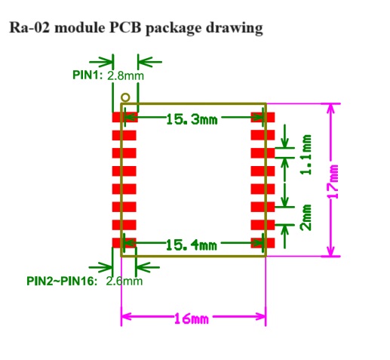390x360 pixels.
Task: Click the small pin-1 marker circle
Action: pyautogui.click(x=125, y=97)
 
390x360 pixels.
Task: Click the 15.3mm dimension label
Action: pyautogui.click(x=192, y=119)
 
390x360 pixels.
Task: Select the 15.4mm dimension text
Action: pyautogui.click(x=192, y=245)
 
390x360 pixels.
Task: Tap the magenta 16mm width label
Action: pyautogui.click(x=192, y=318)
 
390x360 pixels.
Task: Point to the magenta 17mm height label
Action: pyautogui.click(x=334, y=181)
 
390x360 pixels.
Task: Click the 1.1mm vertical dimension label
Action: pyautogui.click(x=306, y=155)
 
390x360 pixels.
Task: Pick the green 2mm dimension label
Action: pyautogui.click(x=306, y=217)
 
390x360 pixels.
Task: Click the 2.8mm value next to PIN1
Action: pyautogui.click(x=125, y=75)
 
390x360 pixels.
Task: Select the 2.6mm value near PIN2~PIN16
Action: pyautogui.click(x=124, y=281)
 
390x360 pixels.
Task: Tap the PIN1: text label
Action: pyautogui.click(x=88, y=75)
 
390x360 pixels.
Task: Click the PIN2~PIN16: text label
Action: pyautogui.click(x=62, y=281)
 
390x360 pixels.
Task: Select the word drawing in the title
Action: pyautogui.click(x=235, y=28)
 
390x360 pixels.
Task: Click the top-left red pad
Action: pyautogui.click(x=125, y=117)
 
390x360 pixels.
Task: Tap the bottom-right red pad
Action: pyautogui.click(x=263, y=243)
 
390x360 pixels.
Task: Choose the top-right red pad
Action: pyautogui.click(x=263, y=117)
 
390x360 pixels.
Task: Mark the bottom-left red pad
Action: pyautogui.click(x=124, y=243)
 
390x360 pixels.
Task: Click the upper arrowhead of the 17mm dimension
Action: pyautogui.click(x=331, y=109)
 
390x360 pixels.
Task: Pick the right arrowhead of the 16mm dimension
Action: pyautogui.click(x=260, y=316)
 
